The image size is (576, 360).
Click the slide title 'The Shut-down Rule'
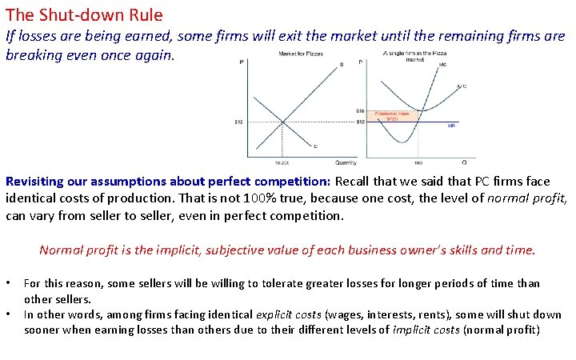84,14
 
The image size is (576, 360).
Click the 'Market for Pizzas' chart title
301,54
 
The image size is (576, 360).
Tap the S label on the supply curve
342,64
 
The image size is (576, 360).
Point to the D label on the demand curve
314,147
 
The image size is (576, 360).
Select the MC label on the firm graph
442,64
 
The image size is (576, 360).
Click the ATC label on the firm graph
462,86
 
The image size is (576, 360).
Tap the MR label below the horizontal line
451,126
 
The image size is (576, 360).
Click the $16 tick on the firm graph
360,110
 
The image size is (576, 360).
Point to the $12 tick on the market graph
238,122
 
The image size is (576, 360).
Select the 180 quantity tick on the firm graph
418,162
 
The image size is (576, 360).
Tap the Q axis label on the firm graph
464,162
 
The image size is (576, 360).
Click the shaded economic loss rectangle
393,115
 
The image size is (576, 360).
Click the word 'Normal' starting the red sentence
58,250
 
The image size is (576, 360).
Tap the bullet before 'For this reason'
9,283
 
